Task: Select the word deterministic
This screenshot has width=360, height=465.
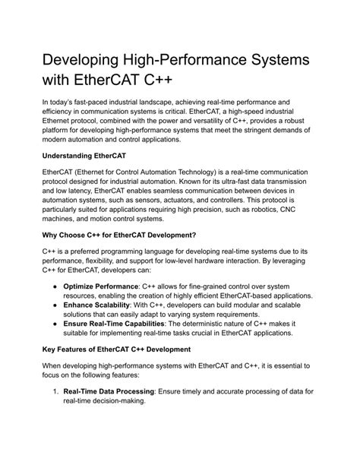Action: [x=207, y=367]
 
